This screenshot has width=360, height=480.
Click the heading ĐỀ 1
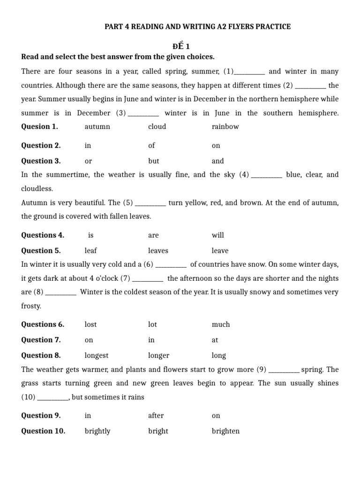click(x=180, y=46)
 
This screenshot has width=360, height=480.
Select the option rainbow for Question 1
click(x=225, y=127)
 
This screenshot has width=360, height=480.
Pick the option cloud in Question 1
click(x=157, y=127)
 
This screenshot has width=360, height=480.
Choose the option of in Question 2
click(x=151, y=145)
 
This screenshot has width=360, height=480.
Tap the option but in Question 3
click(x=154, y=161)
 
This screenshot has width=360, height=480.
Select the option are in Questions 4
click(x=153, y=235)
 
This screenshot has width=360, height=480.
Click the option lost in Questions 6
click(x=90, y=324)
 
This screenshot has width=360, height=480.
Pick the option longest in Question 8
click(x=97, y=355)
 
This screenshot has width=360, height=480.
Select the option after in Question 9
click(x=156, y=415)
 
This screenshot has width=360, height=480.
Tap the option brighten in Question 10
click(x=225, y=431)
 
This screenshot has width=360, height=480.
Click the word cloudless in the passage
click(x=37, y=188)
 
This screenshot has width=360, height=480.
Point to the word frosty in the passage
click(x=31, y=306)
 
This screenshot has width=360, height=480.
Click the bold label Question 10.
click(x=43, y=431)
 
